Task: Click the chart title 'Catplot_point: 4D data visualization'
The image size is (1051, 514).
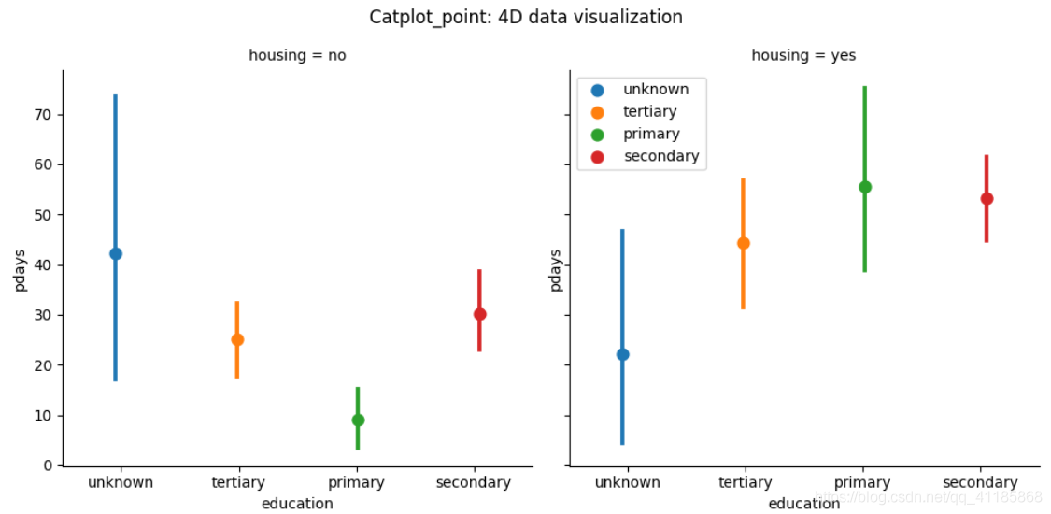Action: pos(525,17)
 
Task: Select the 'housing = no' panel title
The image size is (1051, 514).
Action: pos(297,55)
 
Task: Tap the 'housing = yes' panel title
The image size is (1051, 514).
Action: pos(803,55)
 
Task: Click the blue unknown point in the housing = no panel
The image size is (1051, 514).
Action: pos(116,253)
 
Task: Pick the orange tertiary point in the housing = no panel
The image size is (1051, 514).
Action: pos(237,339)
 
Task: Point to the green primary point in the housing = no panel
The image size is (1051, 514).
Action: pos(358,420)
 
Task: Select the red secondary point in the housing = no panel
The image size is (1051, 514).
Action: pos(479,314)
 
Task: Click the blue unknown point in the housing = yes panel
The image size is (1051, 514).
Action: pos(623,354)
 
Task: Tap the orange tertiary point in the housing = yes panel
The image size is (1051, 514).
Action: pos(744,243)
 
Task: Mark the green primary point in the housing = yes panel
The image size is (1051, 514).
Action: pos(865,187)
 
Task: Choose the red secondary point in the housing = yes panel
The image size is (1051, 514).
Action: pos(987,198)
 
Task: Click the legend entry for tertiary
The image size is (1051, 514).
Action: pos(649,111)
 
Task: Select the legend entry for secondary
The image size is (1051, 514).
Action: pos(660,156)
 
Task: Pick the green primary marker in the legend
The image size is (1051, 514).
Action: pos(598,135)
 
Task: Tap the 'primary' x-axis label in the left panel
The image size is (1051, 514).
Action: pos(356,482)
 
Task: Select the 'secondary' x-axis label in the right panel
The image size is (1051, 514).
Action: pos(980,482)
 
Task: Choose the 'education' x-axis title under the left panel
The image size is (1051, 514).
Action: pos(297,504)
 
